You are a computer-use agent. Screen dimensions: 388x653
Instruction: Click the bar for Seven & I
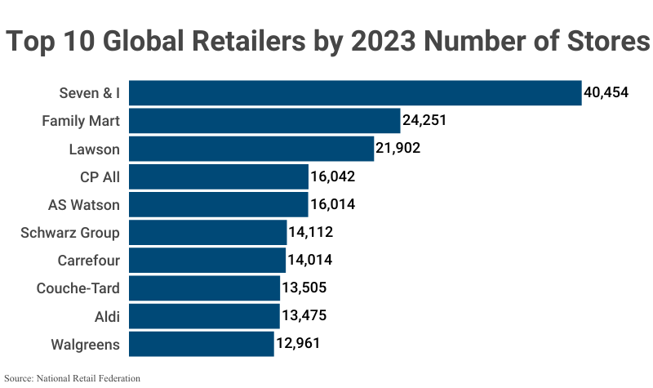coord(355,93)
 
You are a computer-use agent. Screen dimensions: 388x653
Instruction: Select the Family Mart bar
coord(264,121)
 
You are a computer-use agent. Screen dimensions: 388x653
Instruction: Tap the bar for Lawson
coord(251,149)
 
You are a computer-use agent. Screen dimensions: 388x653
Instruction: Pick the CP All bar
coord(219,176)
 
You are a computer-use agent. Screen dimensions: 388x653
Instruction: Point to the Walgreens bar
coord(202,344)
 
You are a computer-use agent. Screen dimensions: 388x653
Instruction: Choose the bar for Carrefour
coord(207,261)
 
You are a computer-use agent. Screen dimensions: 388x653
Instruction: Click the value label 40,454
coord(606,93)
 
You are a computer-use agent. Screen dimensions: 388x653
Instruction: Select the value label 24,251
coord(424,121)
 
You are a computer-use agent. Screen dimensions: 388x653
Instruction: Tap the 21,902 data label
coord(398,149)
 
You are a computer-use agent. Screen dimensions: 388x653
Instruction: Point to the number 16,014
coord(332,205)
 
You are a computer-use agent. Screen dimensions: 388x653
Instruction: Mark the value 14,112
coord(310,233)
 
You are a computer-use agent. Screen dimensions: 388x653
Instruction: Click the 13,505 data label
coord(304,288)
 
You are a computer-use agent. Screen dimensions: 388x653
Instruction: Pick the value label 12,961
coord(297,344)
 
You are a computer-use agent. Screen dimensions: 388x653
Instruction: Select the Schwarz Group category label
coord(70,233)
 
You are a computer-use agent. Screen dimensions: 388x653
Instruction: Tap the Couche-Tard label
coord(78,288)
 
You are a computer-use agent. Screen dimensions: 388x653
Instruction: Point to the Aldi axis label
coord(108,316)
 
